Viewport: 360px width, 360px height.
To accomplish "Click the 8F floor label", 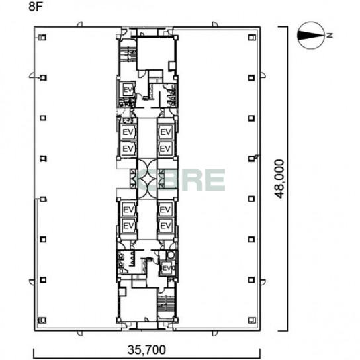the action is click(36, 7).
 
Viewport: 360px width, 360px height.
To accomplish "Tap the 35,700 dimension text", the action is click(147, 349).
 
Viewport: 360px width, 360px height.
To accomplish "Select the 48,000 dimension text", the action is click(280, 179).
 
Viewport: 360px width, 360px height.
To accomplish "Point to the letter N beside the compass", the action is click(330, 35).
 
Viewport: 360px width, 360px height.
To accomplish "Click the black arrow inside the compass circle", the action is click(310, 35).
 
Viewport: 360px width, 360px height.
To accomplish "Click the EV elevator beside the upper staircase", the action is click(128, 90).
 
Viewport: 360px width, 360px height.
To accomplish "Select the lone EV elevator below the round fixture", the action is click(167, 268).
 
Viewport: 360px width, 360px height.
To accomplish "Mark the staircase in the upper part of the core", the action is click(128, 54).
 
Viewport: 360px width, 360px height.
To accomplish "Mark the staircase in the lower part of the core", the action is click(166, 303).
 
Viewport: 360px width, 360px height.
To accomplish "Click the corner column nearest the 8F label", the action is click(43, 38).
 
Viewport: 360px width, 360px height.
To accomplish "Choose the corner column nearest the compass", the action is click(251, 38).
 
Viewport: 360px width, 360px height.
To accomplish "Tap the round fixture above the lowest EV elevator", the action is click(171, 255).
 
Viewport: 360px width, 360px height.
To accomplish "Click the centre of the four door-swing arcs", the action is click(147, 179).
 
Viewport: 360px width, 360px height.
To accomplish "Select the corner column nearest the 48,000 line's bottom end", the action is click(251, 320).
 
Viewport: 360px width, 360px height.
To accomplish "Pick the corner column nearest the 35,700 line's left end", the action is click(43, 320).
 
